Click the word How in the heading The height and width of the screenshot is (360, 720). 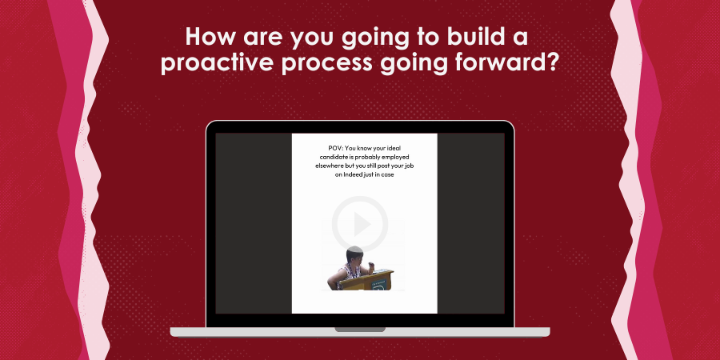pyautogui.click(x=210, y=37)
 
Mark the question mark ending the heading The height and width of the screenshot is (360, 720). pyautogui.click(x=551, y=63)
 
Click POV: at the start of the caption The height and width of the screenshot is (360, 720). pyautogui.click(x=335, y=148)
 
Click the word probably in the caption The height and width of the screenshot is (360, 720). pyautogui.click(x=368, y=157)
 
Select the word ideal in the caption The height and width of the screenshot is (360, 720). pyautogui.click(x=395, y=148)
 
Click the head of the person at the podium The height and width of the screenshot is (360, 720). pyautogui.click(x=354, y=254)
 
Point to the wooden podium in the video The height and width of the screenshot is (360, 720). pyautogui.click(x=367, y=280)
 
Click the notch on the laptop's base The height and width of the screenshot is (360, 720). pyautogui.click(x=360, y=330)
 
